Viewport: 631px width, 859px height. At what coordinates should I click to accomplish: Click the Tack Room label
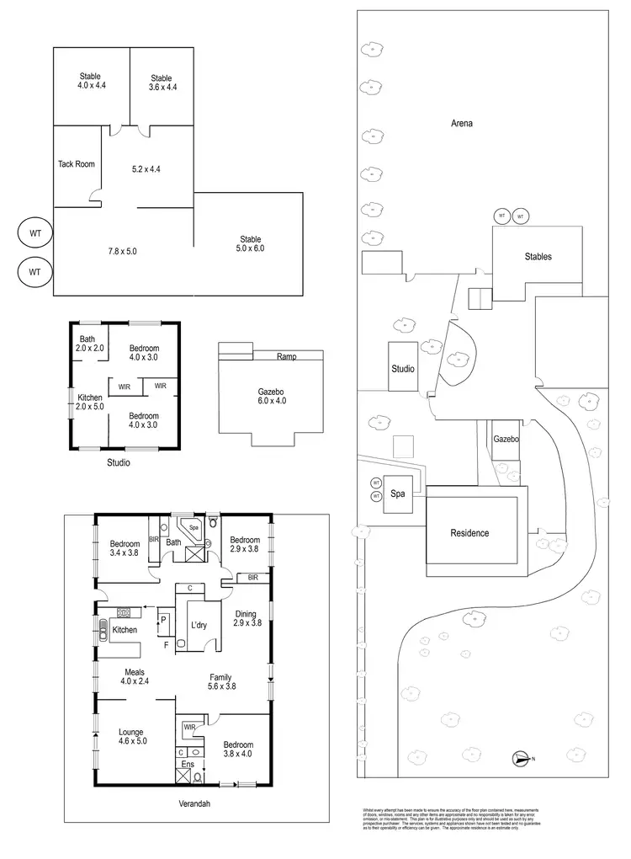tap(77, 164)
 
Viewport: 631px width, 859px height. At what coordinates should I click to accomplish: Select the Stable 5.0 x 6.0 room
tap(251, 243)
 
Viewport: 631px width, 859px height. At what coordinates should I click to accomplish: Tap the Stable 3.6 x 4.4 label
tap(162, 82)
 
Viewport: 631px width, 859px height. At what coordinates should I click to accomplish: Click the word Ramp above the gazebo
tap(286, 357)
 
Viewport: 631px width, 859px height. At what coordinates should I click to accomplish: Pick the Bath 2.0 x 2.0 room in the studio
tap(87, 343)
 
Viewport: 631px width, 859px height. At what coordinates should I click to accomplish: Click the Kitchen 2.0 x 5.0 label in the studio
tap(90, 403)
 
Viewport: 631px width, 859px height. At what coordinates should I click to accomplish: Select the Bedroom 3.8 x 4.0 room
tap(238, 750)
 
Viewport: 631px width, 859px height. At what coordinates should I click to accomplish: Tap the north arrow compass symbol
tap(522, 759)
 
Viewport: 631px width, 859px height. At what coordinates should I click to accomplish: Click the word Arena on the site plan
tap(461, 123)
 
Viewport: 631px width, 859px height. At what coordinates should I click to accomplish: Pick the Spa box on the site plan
tap(398, 495)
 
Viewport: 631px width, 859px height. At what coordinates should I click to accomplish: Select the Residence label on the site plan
tap(469, 532)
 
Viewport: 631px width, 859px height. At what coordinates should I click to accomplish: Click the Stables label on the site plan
tap(538, 256)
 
